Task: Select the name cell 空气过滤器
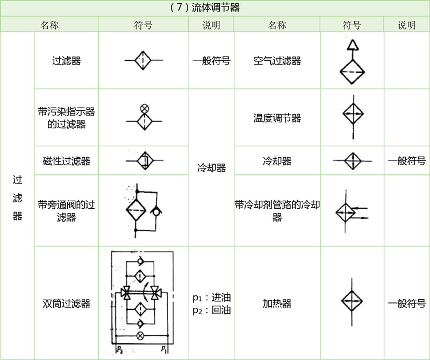(277, 61)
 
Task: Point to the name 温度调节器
(277, 118)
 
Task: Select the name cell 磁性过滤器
(66, 161)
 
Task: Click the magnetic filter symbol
(144, 160)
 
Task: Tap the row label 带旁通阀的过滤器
(66, 210)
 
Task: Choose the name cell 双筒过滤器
(66, 303)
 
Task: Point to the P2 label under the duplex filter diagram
(119, 350)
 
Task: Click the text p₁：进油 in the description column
(211, 298)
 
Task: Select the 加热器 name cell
(277, 303)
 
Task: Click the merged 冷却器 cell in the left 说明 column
(211, 167)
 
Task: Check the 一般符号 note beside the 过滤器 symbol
(211, 61)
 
